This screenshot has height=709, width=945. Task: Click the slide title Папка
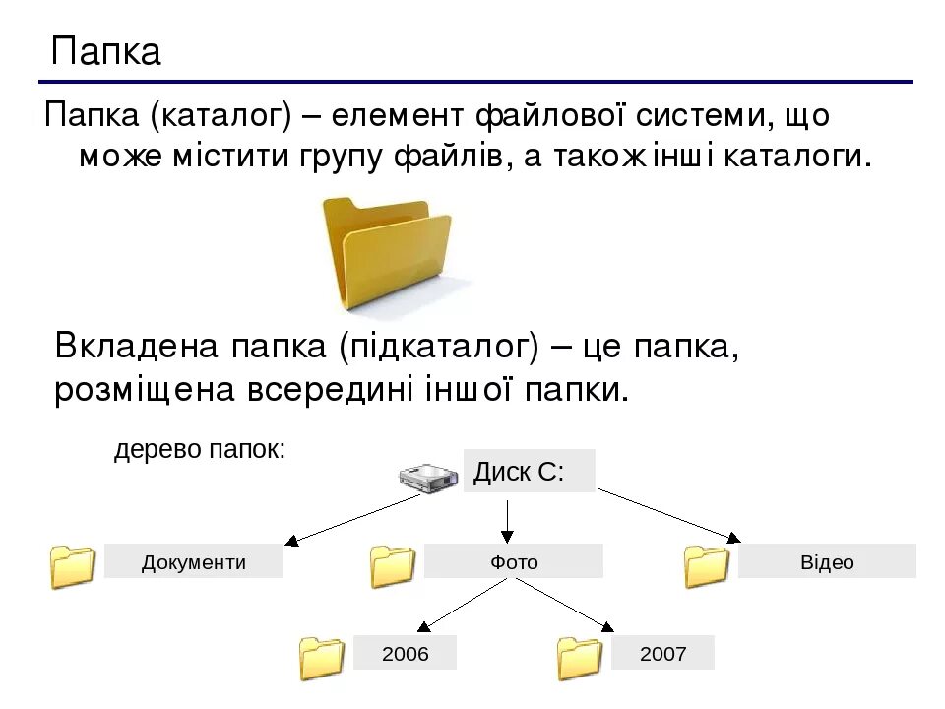click(x=106, y=51)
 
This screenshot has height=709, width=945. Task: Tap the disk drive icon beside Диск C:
click(x=428, y=479)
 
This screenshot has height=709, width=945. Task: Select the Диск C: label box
click(x=529, y=471)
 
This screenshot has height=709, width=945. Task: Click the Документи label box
click(x=194, y=561)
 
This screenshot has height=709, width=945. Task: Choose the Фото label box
click(x=514, y=561)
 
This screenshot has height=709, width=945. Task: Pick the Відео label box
click(x=827, y=561)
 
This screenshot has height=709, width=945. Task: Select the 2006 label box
click(x=406, y=653)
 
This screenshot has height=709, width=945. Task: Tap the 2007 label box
click(x=662, y=653)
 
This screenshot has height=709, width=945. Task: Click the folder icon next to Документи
click(x=73, y=566)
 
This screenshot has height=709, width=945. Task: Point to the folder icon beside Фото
click(x=393, y=566)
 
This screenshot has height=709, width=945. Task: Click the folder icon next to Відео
click(x=706, y=566)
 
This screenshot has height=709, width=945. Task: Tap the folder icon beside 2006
click(x=321, y=658)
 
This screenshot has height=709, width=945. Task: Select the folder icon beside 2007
click(x=579, y=658)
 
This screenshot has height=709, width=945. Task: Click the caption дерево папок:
click(x=200, y=450)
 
